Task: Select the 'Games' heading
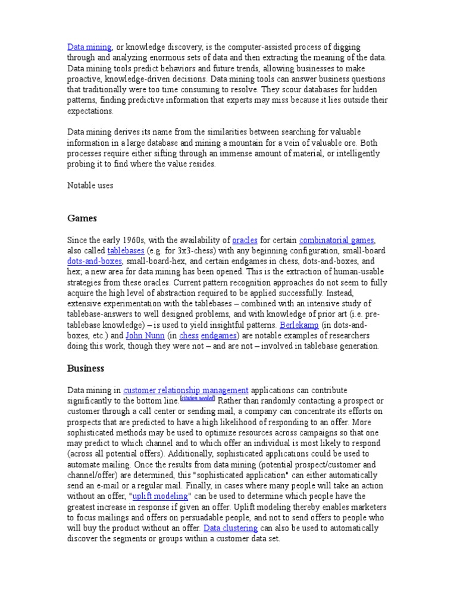pos(82,218)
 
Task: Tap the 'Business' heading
pos(86,368)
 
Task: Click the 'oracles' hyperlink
pos(245,240)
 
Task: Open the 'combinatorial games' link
pos(337,240)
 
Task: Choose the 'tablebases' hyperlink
pos(126,251)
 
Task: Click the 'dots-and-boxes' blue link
pos(95,262)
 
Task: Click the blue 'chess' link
pos(189,336)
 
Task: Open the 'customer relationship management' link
pos(186,390)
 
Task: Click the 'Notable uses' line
pos(90,185)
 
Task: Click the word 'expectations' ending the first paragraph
pos(90,111)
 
